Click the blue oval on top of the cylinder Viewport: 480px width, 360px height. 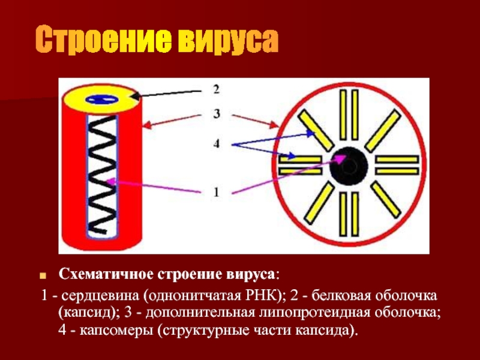click(x=104, y=98)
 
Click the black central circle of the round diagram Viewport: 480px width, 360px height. click(x=348, y=163)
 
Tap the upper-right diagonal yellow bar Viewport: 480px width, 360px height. click(x=382, y=130)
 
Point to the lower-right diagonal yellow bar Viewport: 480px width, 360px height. click(x=385, y=199)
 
